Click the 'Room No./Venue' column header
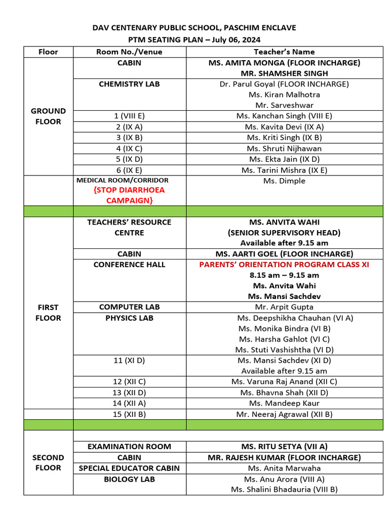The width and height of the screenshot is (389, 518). click(x=129, y=52)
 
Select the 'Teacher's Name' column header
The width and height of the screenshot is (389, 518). click(x=284, y=52)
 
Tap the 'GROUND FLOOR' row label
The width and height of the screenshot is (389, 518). click(x=49, y=116)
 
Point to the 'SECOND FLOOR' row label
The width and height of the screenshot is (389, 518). click(x=49, y=462)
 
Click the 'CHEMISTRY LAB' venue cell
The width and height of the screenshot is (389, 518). click(x=129, y=84)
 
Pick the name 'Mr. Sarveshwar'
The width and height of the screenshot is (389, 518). click(x=284, y=105)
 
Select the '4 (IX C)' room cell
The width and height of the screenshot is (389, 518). click(x=129, y=148)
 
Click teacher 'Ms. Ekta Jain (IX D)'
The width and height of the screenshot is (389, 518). click(x=284, y=159)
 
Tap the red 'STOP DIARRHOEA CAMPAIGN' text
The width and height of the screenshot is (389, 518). click(x=129, y=195)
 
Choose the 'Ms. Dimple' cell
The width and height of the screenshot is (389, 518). click(x=284, y=181)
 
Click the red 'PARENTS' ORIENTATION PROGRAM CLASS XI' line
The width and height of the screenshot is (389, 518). click(x=284, y=265)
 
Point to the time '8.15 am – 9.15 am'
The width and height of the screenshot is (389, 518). click(x=284, y=275)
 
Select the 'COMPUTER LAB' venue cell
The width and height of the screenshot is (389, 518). click(x=129, y=307)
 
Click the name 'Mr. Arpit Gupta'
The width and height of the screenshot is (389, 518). click(x=284, y=307)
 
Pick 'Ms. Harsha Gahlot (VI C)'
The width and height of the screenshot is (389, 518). click(x=284, y=339)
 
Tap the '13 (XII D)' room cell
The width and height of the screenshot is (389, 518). click(x=129, y=393)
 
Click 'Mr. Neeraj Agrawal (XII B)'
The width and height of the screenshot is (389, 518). click(x=284, y=414)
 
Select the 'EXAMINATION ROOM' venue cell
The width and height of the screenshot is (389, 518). click(x=129, y=447)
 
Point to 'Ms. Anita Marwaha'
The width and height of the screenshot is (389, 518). click(x=284, y=468)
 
